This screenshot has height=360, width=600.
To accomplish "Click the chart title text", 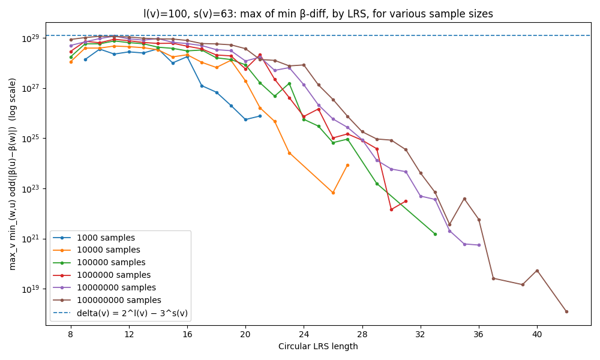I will click(318, 14).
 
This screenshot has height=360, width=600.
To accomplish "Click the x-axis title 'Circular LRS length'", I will click(318, 346).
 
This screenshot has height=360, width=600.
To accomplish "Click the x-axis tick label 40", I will click(537, 334).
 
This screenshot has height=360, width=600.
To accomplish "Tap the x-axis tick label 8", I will click(71, 334).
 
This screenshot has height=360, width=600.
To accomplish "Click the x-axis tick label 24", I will click(304, 334).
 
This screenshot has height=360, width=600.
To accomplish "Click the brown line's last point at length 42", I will click(566, 311).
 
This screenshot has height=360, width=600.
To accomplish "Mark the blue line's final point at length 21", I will click(260, 116).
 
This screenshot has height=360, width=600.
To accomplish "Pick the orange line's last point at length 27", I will click(347, 165).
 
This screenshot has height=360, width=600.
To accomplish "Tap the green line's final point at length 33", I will click(435, 234).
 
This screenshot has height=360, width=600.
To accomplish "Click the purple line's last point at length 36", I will click(479, 245).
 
